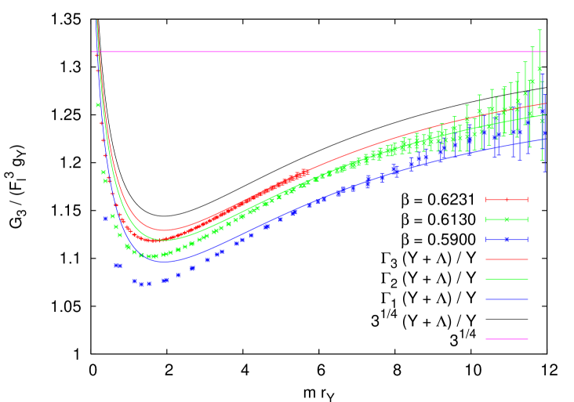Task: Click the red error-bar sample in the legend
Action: (x=507, y=200)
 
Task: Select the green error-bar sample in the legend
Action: (x=507, y=219)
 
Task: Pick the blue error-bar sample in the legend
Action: (x=507, y=240)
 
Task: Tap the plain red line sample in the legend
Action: (x=507, y=259)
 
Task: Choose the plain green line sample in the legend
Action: (x=507, y=279)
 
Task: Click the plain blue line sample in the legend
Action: (x=507, y=299)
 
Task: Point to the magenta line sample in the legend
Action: (x=507, y=339)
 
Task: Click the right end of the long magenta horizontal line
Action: (x=546, y=52)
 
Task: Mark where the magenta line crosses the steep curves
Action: (x=98, y=52)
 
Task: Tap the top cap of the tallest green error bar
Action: (x=539, y=30)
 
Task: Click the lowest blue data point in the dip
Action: (x=142, y=284)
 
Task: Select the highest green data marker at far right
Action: (x=539, y=69)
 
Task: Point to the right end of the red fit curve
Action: (x=546, y=103)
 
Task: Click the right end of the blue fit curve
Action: (x=546, y=138)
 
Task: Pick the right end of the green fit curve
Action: (x=546, y=114)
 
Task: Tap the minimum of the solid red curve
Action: (x=163, y=230)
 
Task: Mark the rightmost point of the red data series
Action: (x=307, y=171)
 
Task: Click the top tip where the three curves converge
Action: (x=96, y=21)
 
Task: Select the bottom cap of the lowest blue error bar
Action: (x=544, y=171)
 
